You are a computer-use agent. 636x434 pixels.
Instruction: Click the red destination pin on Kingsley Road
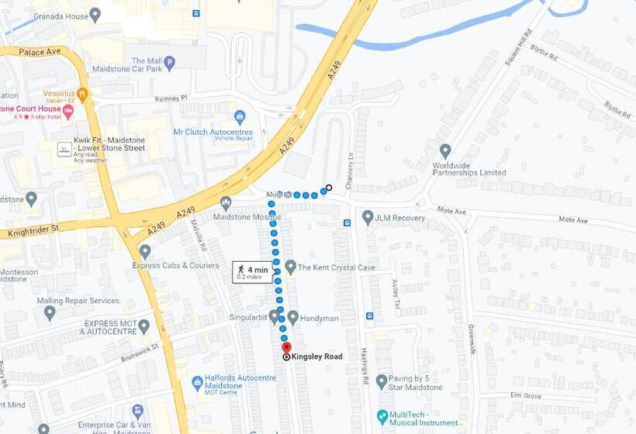click(x=285, y=347)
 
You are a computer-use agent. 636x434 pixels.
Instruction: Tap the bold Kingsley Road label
click(x=316, y=356)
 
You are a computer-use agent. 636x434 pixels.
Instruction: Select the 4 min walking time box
click(x=252, y=271)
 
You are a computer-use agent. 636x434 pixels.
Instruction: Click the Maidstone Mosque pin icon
click(x=226, y=203)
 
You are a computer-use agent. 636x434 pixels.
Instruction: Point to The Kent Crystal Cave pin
click(x=291, y=267)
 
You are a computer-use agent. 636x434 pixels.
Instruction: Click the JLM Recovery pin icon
click(x=368, y=218)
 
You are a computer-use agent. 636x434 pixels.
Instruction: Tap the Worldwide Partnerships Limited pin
click(x=445, y=150)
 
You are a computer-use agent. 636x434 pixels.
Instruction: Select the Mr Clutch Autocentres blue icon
click(x=240, y=117)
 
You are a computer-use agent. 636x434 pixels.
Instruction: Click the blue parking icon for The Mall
click(x=169, y=62)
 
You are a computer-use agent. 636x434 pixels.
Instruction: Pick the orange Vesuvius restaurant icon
click(x=83, y=93)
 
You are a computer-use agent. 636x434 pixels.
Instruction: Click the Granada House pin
click(x=95, y=14)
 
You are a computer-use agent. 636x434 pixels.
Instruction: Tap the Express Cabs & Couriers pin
click(x=145, y=251)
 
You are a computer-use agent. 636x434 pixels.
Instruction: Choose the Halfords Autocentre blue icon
click(x=198, y=383)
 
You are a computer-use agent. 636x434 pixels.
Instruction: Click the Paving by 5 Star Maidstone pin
click(x=382, y=381)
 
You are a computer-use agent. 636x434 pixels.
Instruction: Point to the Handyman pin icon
click(x=292, y=316)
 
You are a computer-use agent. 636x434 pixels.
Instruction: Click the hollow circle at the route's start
click(x=329, y=188)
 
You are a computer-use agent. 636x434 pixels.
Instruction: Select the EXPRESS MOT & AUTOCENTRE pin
click(x=143, y=326)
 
